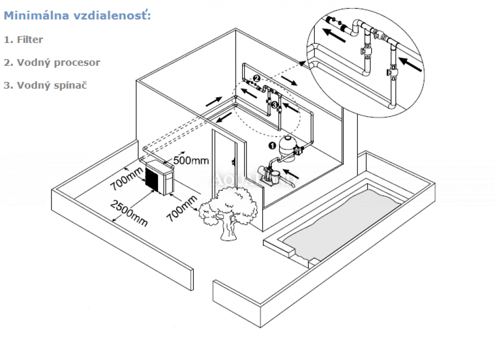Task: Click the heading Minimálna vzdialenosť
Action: pos(77,15)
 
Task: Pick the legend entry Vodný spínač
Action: pos(45,85)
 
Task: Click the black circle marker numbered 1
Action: pos(271,145)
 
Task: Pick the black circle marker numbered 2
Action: pos(256,78)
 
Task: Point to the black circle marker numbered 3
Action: pos(274,104)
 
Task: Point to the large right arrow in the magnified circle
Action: pos(410,65)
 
